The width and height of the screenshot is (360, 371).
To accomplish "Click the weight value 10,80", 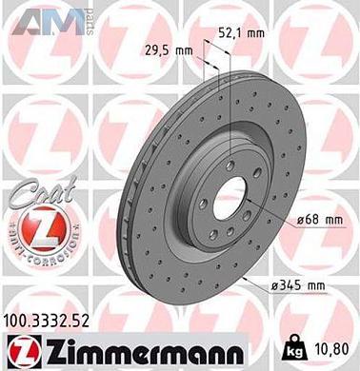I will click(328, 349).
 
